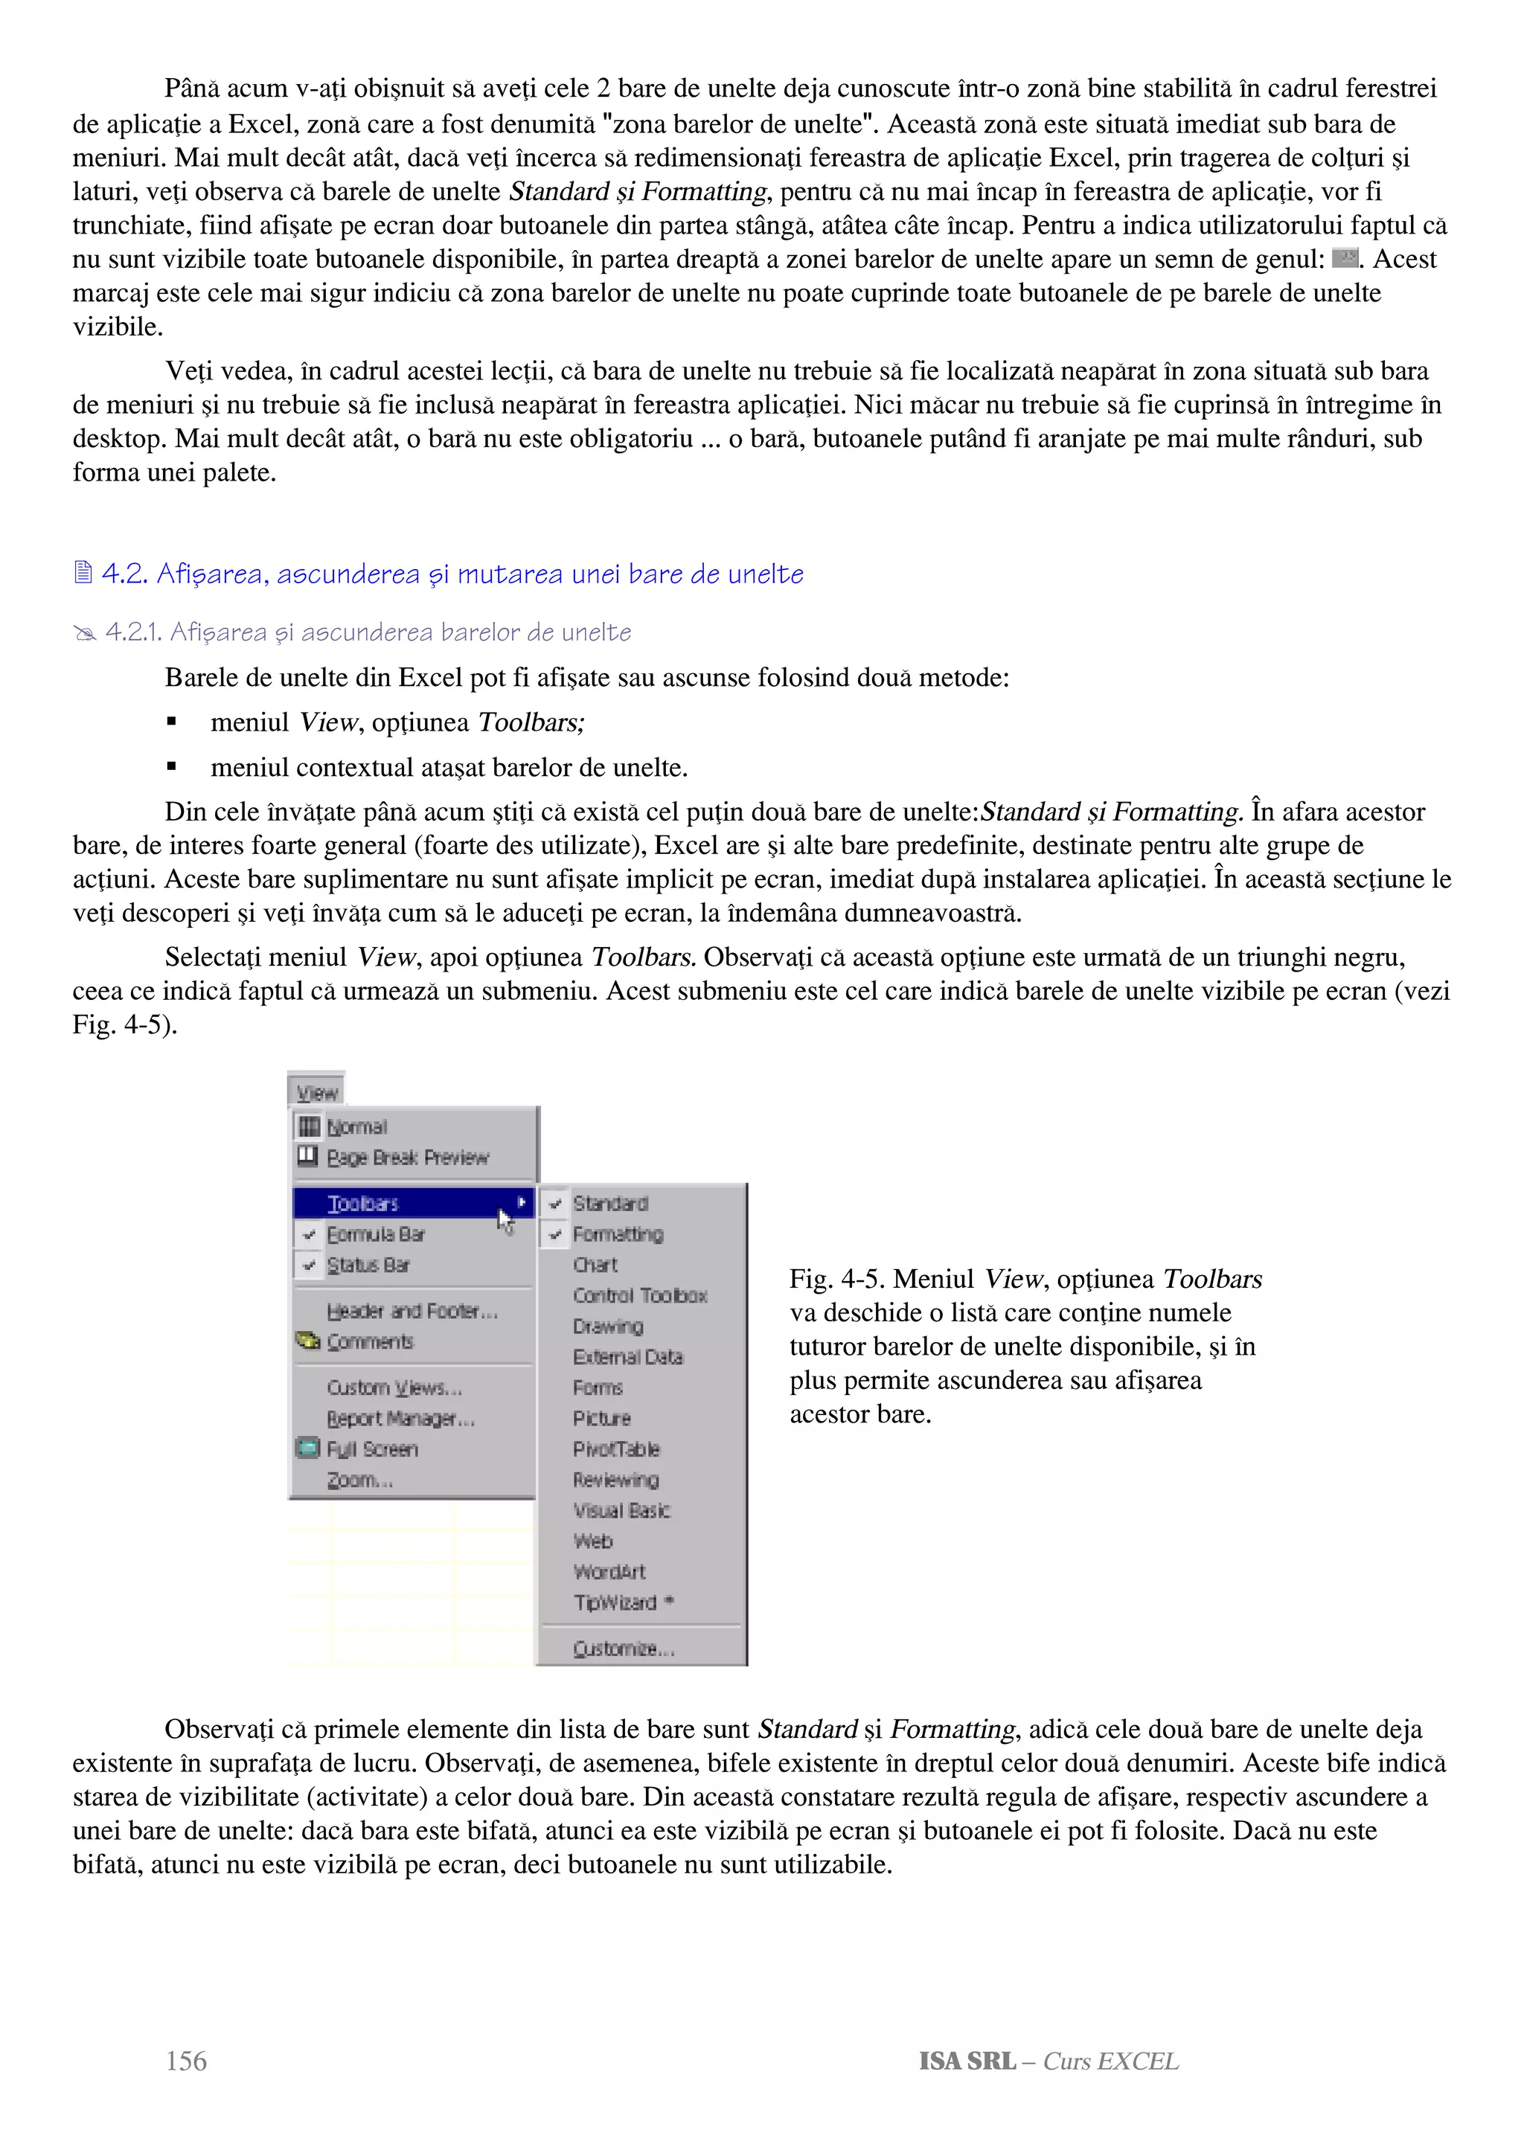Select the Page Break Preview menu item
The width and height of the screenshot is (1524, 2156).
click(x=408, y=1157)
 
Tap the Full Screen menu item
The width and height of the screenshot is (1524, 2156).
click(x=372, y=1449)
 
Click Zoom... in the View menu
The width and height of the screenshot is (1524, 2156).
click(x=359, y=1480)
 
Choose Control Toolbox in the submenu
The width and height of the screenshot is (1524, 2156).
click(x=639, y=1295)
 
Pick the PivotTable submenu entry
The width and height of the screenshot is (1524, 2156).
click(x=616, y=1449)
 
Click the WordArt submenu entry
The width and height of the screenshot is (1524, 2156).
click(x=609, y=1571)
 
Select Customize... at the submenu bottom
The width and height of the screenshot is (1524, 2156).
click(x=624, y=1648)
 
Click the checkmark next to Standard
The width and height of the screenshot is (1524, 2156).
click(x=556, y=1203)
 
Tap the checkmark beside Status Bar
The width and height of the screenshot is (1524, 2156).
click(x=308, y=1265)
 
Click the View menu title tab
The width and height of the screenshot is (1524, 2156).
click(x=316, y=1092)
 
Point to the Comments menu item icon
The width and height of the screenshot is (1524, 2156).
click(x=308, y=1341)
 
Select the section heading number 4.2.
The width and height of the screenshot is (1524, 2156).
click(x=124, y=574)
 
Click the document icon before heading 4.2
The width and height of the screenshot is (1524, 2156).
click(x=83, y=572)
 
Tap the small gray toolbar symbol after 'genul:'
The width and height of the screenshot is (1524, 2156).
click(x=1345, y=257)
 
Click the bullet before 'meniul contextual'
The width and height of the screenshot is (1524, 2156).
click(x=171, y=767)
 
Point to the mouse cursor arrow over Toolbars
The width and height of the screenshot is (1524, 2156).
click(x=505, y=1220)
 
